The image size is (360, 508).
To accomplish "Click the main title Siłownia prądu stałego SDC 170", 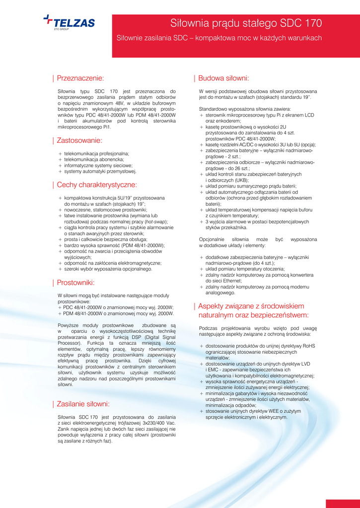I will (x=246, y=23).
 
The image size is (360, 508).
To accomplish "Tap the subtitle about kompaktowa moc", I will (x=219, y=38).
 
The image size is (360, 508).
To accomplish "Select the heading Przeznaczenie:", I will (x=80, y=78).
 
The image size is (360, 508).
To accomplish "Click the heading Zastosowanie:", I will (x=79, y=140).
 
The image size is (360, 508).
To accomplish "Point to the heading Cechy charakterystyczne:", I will (x=97, y=185).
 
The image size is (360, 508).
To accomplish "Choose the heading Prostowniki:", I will (x=75, y=283).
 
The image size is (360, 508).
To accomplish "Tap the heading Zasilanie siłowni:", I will (x=83, y=404).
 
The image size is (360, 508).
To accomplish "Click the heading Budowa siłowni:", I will (x=223, y=78).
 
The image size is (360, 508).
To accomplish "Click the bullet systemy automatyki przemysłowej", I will (x=100, y=172).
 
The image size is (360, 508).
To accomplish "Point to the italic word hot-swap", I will (x=155, y=222).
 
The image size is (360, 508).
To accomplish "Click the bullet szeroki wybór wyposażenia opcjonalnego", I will (x=108, y=269).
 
